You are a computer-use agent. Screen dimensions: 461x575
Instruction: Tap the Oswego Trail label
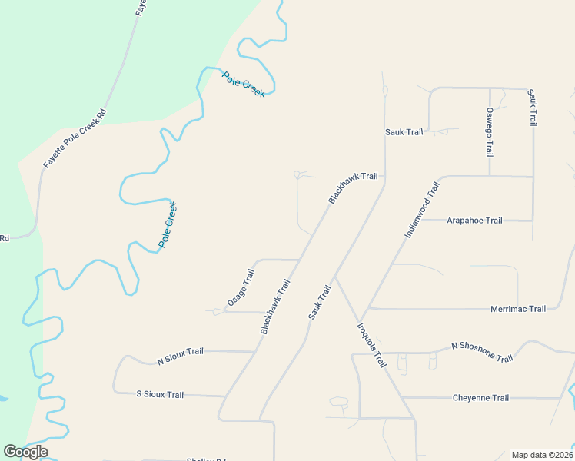[x=490, y=131]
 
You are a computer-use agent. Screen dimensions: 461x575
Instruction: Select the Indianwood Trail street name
[x=422, y=209]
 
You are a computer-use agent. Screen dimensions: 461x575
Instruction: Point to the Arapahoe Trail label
[x=474, y=221]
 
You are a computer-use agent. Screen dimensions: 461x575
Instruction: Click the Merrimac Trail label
[x=517, y=309]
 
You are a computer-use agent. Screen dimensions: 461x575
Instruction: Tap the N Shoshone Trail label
[x=481, y=353]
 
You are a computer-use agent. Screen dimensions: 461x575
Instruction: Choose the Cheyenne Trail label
[x=480, y=398]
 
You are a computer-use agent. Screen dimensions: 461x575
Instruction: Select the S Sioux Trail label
[x=160, y=394]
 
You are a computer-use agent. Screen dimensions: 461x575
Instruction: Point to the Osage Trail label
[x=240, y=288]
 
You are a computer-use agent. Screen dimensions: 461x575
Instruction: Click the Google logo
[x=25, y=452]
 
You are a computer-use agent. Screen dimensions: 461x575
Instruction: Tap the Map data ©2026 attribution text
[x=541, y=455]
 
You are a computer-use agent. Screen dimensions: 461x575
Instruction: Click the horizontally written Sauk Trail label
[x=404, y=132]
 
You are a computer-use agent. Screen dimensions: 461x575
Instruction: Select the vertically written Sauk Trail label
[x=531, y=108]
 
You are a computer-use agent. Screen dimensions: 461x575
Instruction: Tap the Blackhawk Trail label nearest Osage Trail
[x=275, y=307]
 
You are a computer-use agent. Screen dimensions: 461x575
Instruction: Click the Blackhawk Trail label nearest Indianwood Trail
[x=353, y=187]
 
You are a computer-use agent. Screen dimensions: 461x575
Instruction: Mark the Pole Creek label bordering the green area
[x=244, y=84]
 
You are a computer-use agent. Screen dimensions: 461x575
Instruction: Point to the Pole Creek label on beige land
[x=168, y=224]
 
